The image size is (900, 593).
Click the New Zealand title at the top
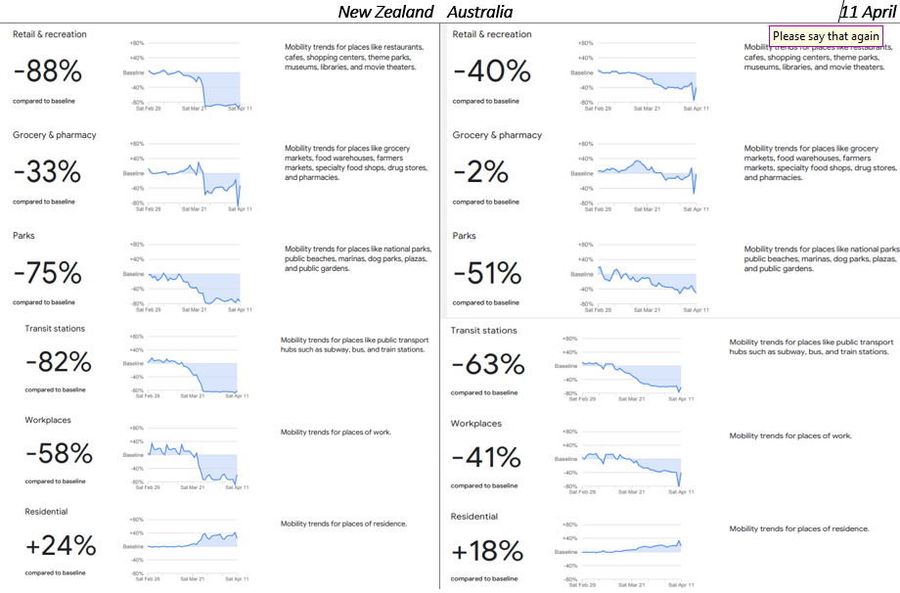click(385, 12)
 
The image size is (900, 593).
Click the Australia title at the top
click(479, 12)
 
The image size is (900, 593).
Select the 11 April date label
click(864, 12)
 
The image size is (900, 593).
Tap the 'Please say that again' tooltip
click(826, 36)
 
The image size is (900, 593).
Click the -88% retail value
click(47, 71)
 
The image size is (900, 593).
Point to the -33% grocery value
click(47, 172)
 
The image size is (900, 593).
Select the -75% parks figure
click(47, 273)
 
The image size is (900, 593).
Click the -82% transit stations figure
click(59, 362)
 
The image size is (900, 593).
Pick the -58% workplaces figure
click(59, 454)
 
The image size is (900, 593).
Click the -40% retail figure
click(491, 71)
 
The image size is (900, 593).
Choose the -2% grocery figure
click(480, 172)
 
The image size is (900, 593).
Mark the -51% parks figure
click(487, 273)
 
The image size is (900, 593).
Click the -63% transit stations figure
click(487, 365)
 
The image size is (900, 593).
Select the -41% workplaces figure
click(486, 458)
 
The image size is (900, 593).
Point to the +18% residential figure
click(487, 551)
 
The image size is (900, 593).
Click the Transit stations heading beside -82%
click(55, 329)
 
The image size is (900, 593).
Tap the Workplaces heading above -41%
click(475, 424)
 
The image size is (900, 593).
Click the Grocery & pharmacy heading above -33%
click(54, 135)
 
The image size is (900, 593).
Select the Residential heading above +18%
click(474, 517)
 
